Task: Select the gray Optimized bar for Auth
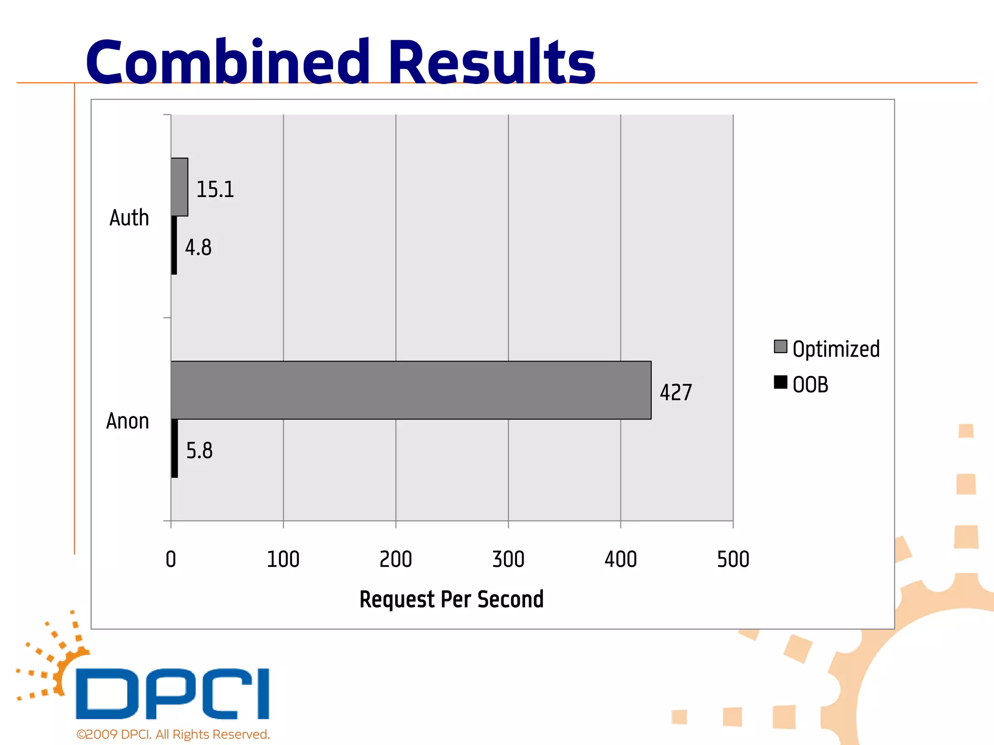[x=180, y=187]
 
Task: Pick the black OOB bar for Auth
[x=174, y=245]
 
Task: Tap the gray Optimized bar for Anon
[x=411, y=390]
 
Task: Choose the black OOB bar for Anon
[x=175, y=448]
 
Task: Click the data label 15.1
[x=215, y=189]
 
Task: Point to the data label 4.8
[x=198, y=247]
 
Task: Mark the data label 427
[x=676, y=392]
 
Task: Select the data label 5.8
[x=199, y=451]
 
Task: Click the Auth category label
[x=129, y=218]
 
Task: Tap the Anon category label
[x=128, y=421]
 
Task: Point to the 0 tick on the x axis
[x=171, y=559]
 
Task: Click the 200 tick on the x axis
[x=396, y=559]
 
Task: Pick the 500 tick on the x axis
[x=733, y=559]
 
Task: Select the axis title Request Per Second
[x=451, y=599]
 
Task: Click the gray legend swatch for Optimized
[x=780, y=347]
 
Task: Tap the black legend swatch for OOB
[x=780, y=382]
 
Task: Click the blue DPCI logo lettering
[x=172, y=694]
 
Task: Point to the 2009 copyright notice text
[x=173, y=734]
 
